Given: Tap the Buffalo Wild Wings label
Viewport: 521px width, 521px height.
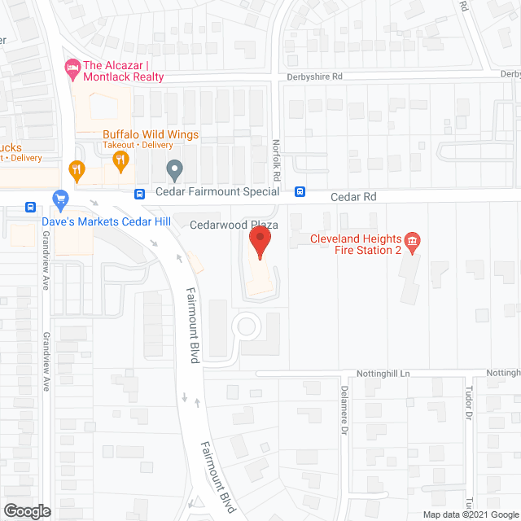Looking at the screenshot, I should click(x=150, y=134).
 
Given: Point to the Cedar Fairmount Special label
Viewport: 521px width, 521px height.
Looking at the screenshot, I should click(x=217, y=192).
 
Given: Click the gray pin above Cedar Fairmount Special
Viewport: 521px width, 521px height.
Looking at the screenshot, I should click(x=173, y=171).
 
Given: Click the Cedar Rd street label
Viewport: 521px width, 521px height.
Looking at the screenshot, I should click(x=353, y=197).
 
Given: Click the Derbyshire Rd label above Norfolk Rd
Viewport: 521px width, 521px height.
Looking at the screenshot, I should click(x=316, y=76).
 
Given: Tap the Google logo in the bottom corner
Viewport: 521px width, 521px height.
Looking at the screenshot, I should click(x=25, y=510).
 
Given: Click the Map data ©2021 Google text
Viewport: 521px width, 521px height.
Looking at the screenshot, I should click(x=469, y=514).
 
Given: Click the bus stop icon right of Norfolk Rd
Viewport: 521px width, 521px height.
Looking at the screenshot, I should click(x=300, y=192).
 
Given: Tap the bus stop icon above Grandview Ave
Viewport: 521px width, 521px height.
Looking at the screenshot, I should click(x=31, y=207).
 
